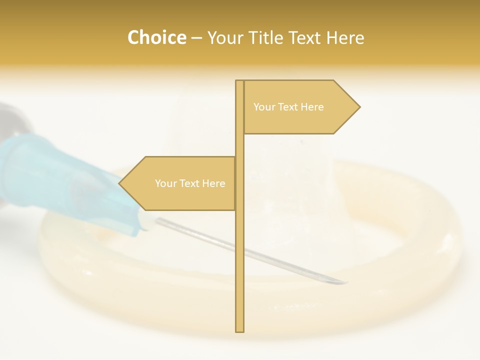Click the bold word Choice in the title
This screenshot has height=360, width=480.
(x=156, y=38)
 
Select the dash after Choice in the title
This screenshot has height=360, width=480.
(x=196, y=38)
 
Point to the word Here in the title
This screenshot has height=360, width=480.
(x=345, y=38)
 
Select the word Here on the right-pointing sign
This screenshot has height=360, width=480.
(x=312, y=107)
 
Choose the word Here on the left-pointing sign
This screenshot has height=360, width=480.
(x=213, y=183)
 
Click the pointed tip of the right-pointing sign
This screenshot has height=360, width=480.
(x=359, y=106)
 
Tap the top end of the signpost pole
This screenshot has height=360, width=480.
(x=239, y=81)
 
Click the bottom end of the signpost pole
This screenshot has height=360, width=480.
(x=239, y=330)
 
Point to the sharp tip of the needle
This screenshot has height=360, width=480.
(x=346, y=282)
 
